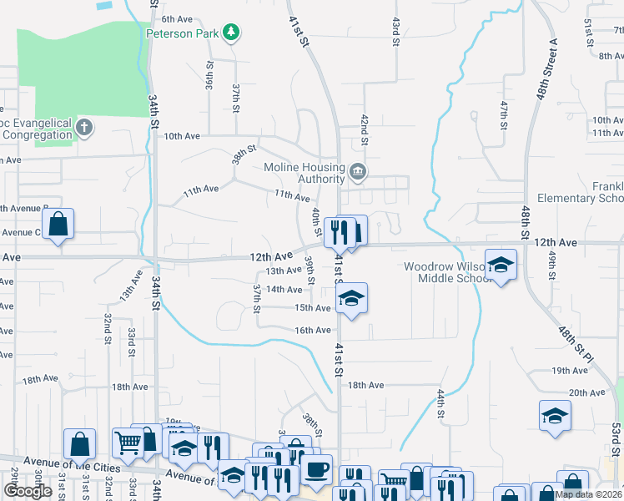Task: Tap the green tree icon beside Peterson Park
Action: click(231, 33)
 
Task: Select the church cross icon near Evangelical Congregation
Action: click(83, 128)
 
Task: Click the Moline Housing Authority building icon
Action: click(359, 172)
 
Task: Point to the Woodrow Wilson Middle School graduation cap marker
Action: click(501, 266)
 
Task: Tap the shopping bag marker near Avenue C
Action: click(58, 224)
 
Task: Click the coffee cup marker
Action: click(316, 469)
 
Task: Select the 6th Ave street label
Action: click(177, 18)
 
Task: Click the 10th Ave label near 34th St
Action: click(182, 136)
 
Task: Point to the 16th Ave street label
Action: click(313, 331)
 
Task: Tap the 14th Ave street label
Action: click(283, 290)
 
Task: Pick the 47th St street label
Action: click(504, 114)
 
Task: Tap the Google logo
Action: click(28, 491)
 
